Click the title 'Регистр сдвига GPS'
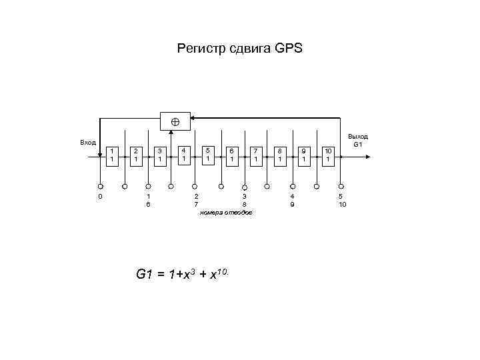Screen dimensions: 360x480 (x=239, y=48)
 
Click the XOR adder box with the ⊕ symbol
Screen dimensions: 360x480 (x=175, y=121)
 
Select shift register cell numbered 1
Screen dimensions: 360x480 (x=112, y=156)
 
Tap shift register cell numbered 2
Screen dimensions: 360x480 (x=135, y=156)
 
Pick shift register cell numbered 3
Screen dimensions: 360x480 (x=159, y=156)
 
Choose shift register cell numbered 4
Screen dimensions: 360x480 (x=183, y=155)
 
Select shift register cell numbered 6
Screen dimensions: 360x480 (x=231, y=156)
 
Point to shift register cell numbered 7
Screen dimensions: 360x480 (x=255, y=156)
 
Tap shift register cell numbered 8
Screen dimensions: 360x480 (x=280, y=156)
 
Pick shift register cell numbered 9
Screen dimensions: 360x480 (x=304, y=156)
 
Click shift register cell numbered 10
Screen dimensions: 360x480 (x=327, y=156)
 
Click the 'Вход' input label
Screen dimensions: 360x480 (x=87, y=142)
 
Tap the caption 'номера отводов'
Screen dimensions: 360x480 (x=226, y=213)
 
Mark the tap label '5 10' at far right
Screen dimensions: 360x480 (x=341, y=201)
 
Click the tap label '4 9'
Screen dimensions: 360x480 (x=292, y=201)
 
